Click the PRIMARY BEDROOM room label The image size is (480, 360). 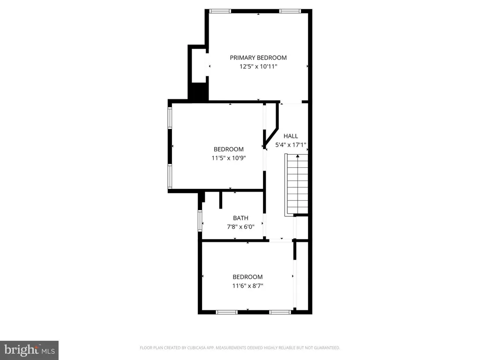[x=258, y=58]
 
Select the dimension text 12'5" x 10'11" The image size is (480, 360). [x=258, y=67]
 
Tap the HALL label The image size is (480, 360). [x=291, y=136]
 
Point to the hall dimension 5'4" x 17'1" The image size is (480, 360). [x=291, y=145]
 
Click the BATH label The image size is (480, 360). [x=240, y=218]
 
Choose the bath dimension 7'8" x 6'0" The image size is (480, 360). [x=240, y=227]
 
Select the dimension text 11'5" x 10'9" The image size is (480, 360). [x=229, y=158]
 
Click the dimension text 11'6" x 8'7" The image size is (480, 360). [x=247, y=286]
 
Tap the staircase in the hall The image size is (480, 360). [x=296, y=185]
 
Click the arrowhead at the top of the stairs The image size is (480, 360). [x=298, y=156]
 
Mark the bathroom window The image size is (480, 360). [x=200, y=220]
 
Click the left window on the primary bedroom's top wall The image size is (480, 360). [x=220, y=11]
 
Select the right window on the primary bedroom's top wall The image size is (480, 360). [x=290, y=11]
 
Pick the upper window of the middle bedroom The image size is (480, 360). [x=170, y=118]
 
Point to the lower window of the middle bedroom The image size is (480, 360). [x=170, y=177]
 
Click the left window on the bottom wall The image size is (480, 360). [x=227, y=312]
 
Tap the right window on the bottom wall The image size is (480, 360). [x=280, y=312]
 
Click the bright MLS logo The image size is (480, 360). [x=30, y=350]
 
